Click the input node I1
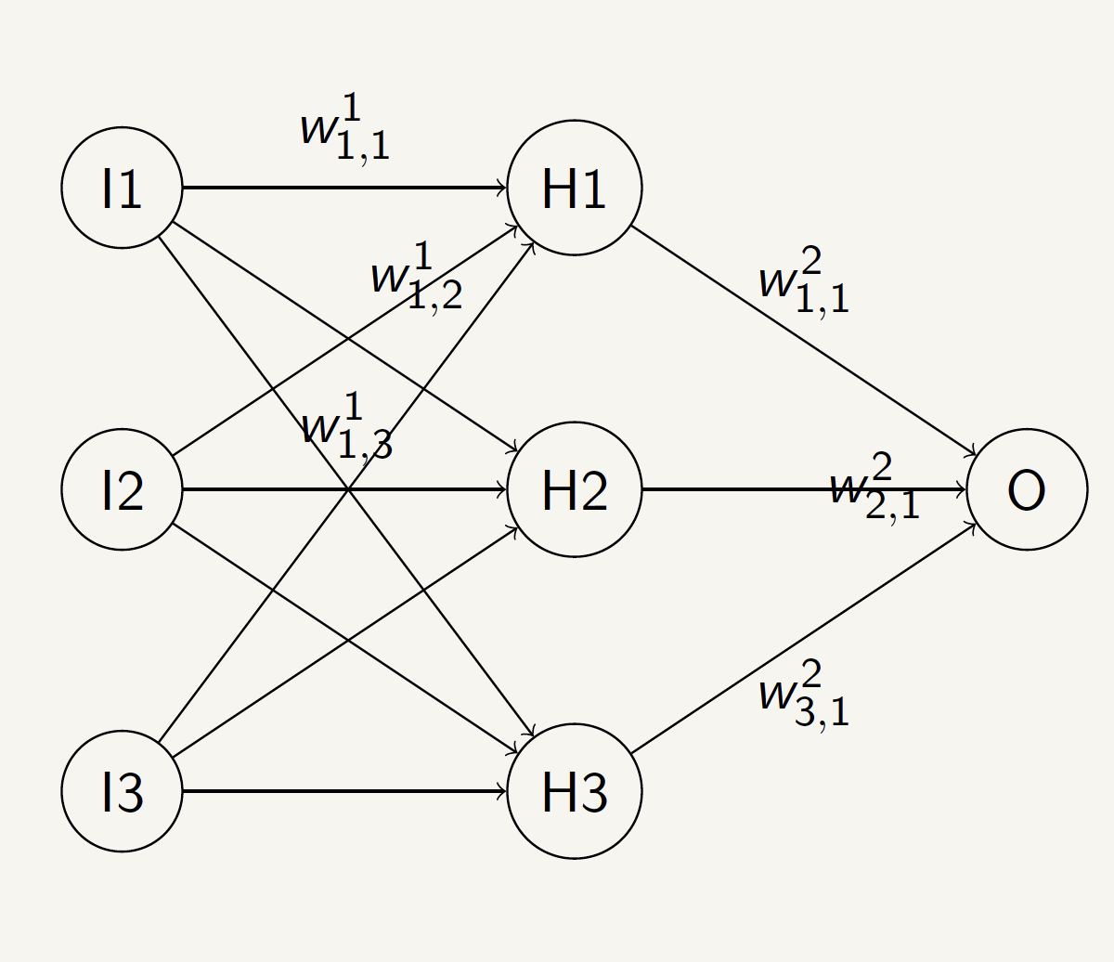click(x=122, y=188)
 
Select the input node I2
click(x=122, y=489)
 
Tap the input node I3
click(x=122, y=791)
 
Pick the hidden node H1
click(x=574, y=188)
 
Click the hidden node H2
click(x=574, y=489)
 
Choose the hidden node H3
click(x=574, y=791)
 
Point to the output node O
click(x=1026, y=489)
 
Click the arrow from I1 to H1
click(x=343, y=188)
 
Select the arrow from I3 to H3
click(x=343, y=791)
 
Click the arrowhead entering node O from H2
click(x=962, y=489)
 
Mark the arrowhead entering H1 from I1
click(x=502, y=188)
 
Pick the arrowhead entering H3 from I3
click(x=502, y=791)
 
